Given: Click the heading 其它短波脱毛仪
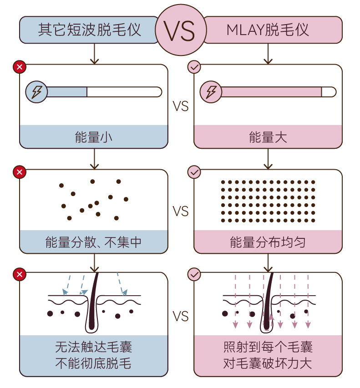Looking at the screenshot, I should coord(90,30).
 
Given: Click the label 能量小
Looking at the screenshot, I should coord(94,137).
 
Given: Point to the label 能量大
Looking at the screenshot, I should coord(268,137).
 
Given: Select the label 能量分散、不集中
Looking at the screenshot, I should coord(94,242).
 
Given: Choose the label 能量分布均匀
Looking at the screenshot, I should coord(268,242).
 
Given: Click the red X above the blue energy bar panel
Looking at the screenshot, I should coord(20,67).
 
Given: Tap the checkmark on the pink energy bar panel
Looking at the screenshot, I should coord(194,67).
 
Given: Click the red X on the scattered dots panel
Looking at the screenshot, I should coord(20,172).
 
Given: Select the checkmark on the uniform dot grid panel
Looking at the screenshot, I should coord(194,172).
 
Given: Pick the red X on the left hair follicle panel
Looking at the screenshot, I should coord(20,275).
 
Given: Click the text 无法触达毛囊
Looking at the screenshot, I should coord(94,348).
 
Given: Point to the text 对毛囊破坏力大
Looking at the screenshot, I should coord(268,363).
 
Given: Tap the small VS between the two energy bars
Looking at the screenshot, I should coord(181,106).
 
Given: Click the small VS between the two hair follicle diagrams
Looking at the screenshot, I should coord(181,317).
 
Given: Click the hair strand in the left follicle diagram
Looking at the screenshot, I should coord(94,300).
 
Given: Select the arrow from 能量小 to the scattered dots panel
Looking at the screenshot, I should coord(94,159).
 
